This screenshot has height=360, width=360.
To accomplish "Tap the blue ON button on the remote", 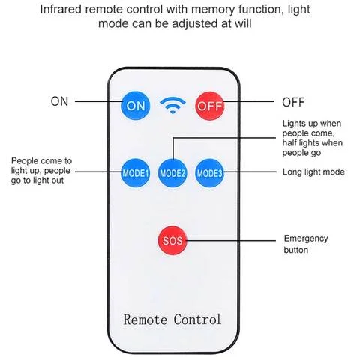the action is coord(135,106).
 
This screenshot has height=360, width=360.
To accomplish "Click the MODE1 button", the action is coord(135,173).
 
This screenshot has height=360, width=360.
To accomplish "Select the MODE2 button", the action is coord(172,173).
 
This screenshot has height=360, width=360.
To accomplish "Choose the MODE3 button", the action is coord(209,173).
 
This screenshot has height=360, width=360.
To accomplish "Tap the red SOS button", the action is coord(172,241).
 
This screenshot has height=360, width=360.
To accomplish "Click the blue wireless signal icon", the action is coord(172,105).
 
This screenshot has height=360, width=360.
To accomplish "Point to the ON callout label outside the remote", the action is coord(59,101).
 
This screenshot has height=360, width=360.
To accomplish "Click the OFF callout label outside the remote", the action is coord(293,102).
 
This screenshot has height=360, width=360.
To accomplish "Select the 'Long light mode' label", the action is coord(313,172).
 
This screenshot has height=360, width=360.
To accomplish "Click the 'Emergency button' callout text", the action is coord(306,244).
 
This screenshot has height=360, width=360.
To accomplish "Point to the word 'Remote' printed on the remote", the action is coord(145,319).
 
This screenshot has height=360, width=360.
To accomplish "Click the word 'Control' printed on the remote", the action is coord(197,319).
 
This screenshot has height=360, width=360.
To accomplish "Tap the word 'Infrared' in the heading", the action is coord(61,10).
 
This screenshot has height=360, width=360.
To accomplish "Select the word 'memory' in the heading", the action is coord(213,10).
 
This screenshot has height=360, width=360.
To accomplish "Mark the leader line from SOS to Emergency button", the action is coord(231,241).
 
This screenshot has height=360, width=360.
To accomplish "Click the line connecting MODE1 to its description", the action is coord(98,172).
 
